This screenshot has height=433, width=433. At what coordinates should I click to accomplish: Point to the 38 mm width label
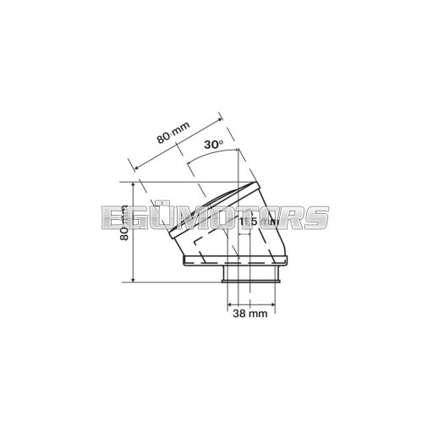[x=250, y=314]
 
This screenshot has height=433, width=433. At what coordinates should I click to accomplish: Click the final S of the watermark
[x=314, y=217]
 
